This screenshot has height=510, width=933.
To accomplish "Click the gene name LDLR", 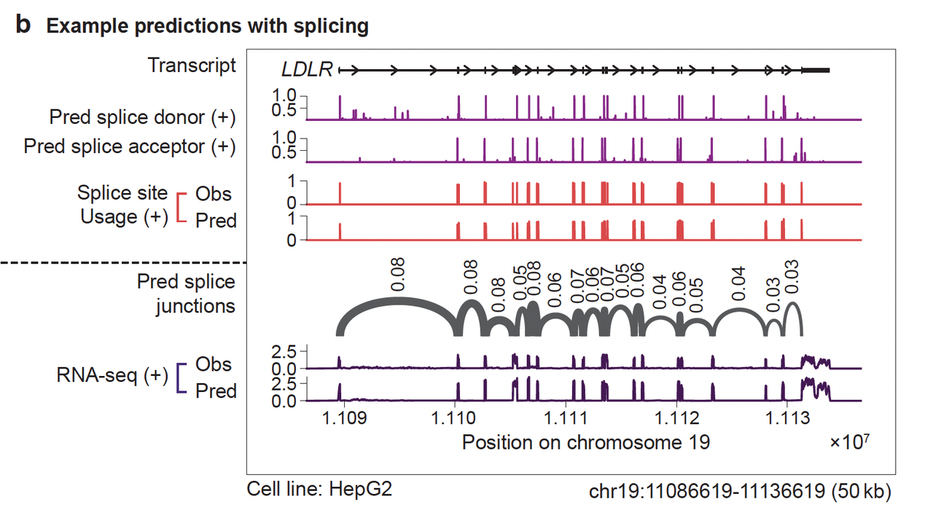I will click(307, 70).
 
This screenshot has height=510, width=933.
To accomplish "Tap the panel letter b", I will click(24, 25).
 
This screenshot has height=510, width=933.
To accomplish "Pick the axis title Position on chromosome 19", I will click(585, 442).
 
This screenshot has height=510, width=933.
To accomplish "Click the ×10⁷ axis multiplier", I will click(849, 442).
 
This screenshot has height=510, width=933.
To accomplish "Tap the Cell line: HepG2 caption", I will click(320, 488).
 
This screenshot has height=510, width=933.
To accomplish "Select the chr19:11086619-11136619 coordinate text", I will click(739, 490).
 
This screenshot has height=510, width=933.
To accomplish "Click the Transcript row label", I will click(192, 66).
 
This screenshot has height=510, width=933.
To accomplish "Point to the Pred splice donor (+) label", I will click(143, 117).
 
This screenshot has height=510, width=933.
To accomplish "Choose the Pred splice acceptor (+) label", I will click(130, 146).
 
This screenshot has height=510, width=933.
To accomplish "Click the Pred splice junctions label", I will click(187, 294).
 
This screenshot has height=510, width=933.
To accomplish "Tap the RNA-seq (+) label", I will click(112, 377).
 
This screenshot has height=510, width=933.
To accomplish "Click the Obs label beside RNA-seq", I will click(214, 365).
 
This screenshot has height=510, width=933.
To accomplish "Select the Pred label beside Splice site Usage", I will click(216, 220).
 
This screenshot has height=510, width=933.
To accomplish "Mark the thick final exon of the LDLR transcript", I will click(816, 70).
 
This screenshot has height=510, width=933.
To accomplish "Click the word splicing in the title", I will click(332, 27).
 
